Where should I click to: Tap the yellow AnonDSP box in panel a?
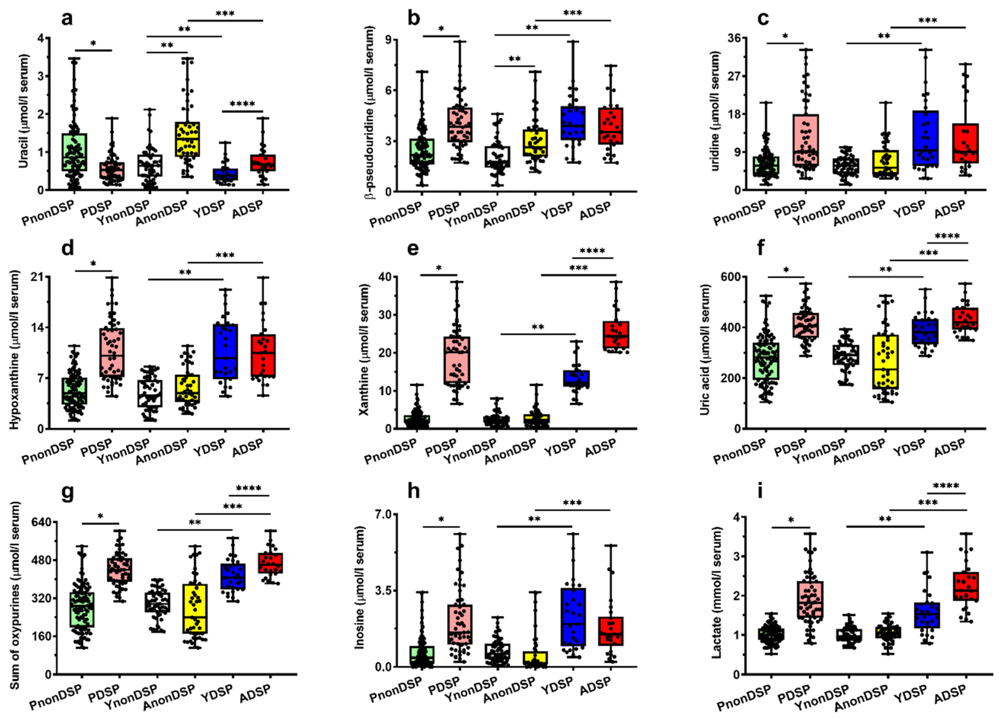(x=187, y=139)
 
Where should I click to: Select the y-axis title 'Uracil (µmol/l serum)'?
(x=24, y=111)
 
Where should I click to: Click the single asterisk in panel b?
(x=441, y=29)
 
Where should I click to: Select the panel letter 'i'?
(x=760, y=492)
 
